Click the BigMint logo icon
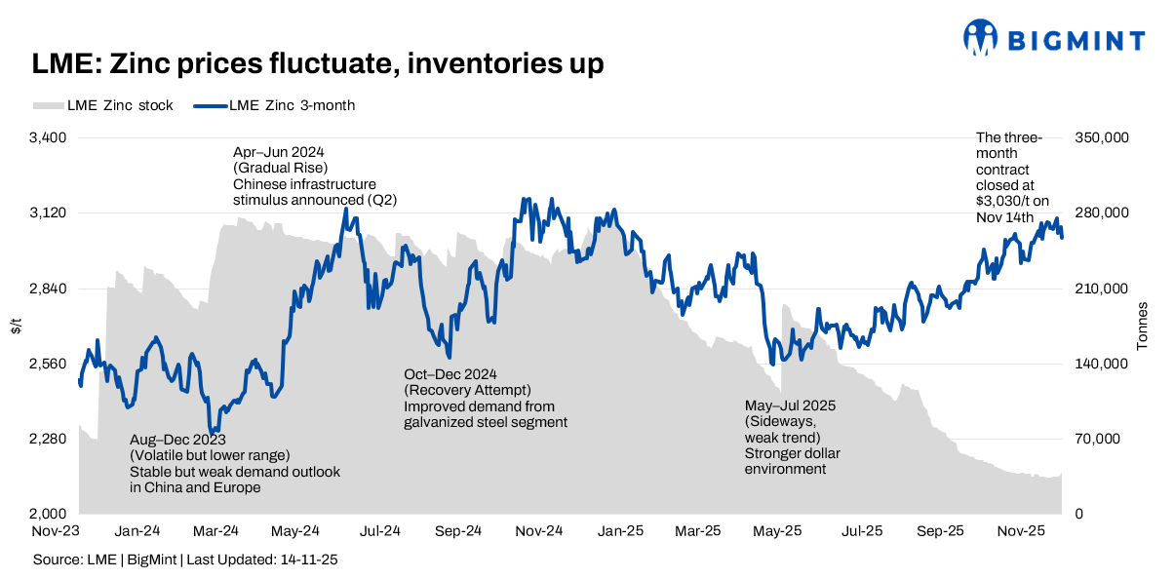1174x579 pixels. (981, 38)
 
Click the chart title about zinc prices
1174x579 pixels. (318, 64)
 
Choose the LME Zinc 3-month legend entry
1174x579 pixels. (277, 105)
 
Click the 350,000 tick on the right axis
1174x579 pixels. (1101, 138)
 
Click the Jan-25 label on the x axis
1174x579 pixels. (620, 531)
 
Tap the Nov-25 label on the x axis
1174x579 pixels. (1022, 531)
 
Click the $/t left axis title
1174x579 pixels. (16, 327)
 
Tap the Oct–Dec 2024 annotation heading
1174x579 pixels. (450, 374)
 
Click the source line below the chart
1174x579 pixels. (186, 560)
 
